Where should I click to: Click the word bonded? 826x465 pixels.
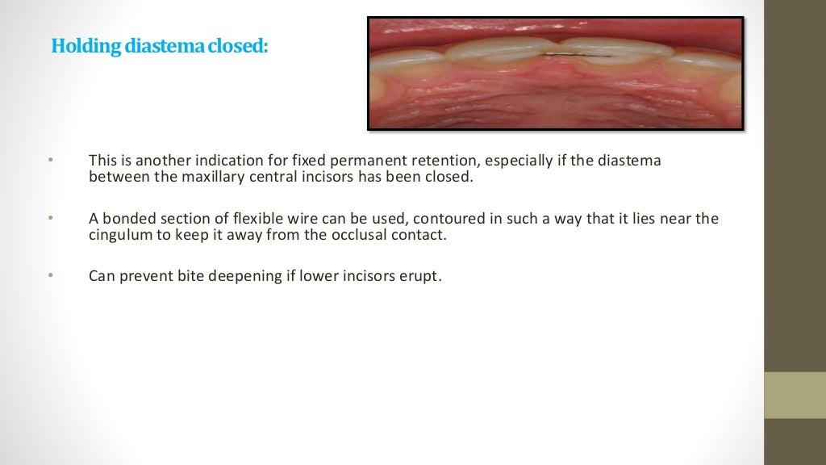(x=128, y=219)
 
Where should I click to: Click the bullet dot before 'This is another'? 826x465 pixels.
(x=49, y=161)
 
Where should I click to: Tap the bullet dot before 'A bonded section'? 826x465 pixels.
(x=49, y=219)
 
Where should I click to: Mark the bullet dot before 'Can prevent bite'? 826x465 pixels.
(x=49, y=276)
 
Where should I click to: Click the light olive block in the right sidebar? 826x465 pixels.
(x=795, y=395)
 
